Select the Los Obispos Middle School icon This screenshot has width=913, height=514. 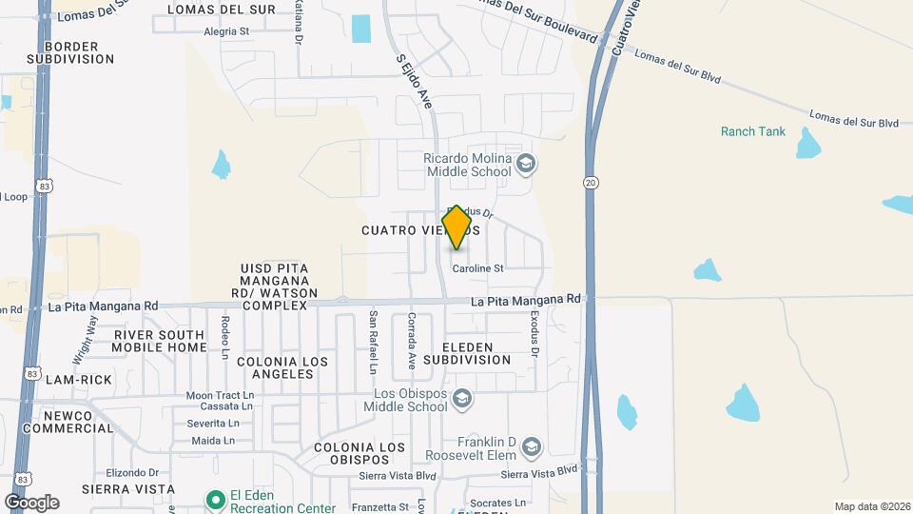click(462, 398)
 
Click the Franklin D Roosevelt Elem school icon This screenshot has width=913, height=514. click(532, 446)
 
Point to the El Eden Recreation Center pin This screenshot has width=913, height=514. click(217, 499)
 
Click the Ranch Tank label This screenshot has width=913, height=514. click(753, 131)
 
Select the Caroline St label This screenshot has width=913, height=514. click(477, 268)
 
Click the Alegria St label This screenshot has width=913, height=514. click(226, 30)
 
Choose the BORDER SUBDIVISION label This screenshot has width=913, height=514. click(70, 52)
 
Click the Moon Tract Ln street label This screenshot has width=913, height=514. click(220, 395)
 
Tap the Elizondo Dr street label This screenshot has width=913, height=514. click(132, 472)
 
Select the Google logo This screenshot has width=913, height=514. click(31, 502)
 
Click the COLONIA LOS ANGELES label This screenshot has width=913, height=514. click(282, 367)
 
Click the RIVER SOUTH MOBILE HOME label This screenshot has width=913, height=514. click(159, 341)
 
